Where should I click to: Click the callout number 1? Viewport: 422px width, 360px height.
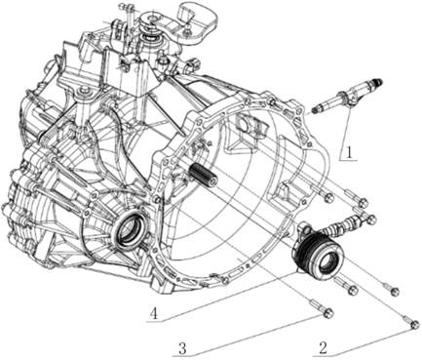[x=349, y=152]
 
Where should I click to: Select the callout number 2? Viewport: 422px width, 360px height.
[x=323, y=348]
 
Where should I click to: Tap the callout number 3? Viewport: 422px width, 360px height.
[x=183, y=349]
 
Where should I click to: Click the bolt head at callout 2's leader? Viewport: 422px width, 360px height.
[x=414, y=325]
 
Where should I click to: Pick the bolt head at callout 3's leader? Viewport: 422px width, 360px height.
[x=328, y=313]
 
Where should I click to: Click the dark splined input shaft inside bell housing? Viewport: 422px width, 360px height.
[x=203, y=175]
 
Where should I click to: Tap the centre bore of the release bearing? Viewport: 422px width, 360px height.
[x=326, y=262]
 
